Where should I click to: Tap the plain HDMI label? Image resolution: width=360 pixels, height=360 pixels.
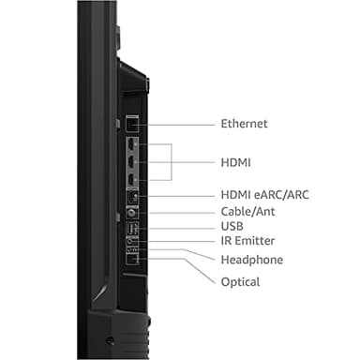click(236, 161)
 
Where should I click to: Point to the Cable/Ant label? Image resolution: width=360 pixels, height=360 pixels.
click(248, 211)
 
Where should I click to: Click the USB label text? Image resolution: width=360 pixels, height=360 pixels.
click(233, 226)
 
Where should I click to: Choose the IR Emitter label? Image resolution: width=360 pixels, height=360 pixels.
click(247, 242)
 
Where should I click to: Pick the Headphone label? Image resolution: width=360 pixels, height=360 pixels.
click(250, 260)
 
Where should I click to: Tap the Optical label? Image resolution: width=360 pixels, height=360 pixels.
click(239, 281)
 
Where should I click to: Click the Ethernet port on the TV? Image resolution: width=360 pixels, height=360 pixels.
click(132, 124)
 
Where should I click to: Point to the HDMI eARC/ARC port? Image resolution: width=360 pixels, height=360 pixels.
click(131, 196)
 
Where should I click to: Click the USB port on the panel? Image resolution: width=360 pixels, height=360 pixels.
click(131, 226)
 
